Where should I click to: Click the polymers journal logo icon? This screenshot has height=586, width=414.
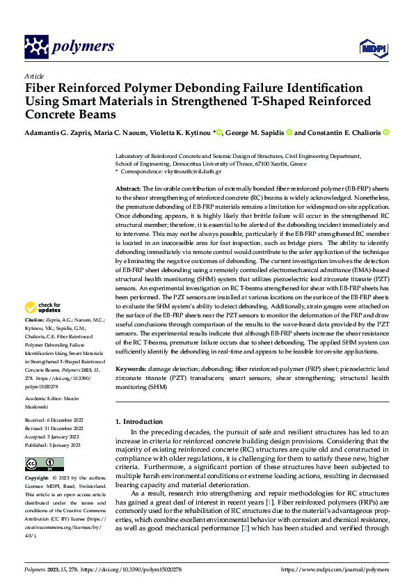click(36, 47)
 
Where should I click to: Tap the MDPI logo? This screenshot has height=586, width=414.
click(370, 48)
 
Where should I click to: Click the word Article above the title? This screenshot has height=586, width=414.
click(34, 76)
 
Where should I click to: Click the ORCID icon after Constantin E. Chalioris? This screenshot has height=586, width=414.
click(386, 132)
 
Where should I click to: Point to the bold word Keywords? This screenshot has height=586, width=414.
click(130, 367)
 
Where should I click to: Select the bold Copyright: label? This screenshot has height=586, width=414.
click(38, 479)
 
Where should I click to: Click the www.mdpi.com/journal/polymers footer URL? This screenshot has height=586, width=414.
click(334, 569)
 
